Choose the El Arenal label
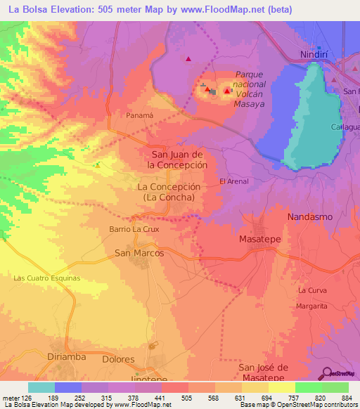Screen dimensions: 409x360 coord(234,181)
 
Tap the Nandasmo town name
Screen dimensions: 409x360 coord(309,217)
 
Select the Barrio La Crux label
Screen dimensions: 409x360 coord(135,229)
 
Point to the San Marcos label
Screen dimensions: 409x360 coord(139,252)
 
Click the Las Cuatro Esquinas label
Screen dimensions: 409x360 coord(47,278)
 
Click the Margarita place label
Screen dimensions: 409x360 coord(313,307)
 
